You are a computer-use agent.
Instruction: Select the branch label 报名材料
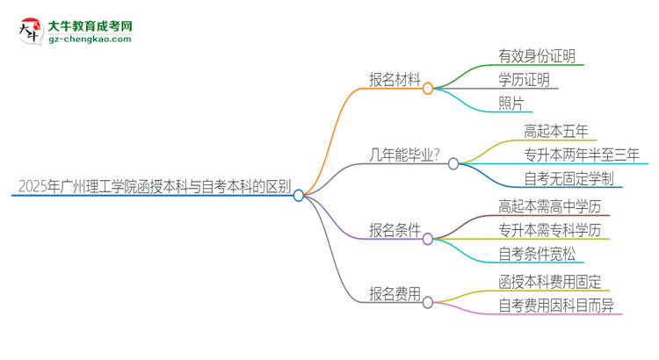pos(395,79)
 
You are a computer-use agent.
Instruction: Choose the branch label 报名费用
pos(395,293)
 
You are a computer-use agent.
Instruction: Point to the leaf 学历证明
pos(525,81)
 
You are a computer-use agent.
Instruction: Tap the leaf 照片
pos(511,104)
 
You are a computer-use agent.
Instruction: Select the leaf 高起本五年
pos(556,132)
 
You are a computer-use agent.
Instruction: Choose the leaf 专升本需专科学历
pos(550,231)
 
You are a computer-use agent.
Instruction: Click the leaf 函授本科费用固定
pos(550,283)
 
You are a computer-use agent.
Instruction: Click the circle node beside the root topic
pos(299,195)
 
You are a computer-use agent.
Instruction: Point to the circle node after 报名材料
pos(429,89)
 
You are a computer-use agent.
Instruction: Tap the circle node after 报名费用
pos(428,302)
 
